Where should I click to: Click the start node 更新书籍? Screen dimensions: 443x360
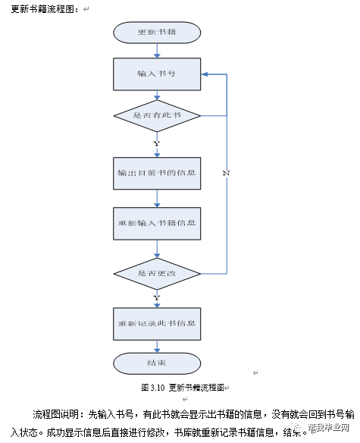(157, 33)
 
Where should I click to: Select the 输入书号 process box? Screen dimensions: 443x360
(157, 74)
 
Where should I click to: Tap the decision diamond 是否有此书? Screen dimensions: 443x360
(157, 115)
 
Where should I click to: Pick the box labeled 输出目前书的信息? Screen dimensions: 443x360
(157, 172)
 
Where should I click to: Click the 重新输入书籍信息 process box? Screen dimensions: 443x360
(157, 223)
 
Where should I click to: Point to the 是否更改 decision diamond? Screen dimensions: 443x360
(157, 272)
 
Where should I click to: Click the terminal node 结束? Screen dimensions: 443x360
(157, 363)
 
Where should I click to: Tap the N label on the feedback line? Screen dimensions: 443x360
(226, 173)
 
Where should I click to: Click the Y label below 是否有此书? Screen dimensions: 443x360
(156, 143)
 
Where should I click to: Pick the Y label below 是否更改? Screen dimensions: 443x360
(156, 297)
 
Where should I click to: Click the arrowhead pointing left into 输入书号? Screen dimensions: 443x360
(205, 74)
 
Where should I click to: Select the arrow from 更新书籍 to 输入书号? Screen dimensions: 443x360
(157, 50)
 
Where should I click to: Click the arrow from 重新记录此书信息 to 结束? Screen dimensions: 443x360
(157, 345)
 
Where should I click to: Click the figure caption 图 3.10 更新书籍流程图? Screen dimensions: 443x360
(183, 387)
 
